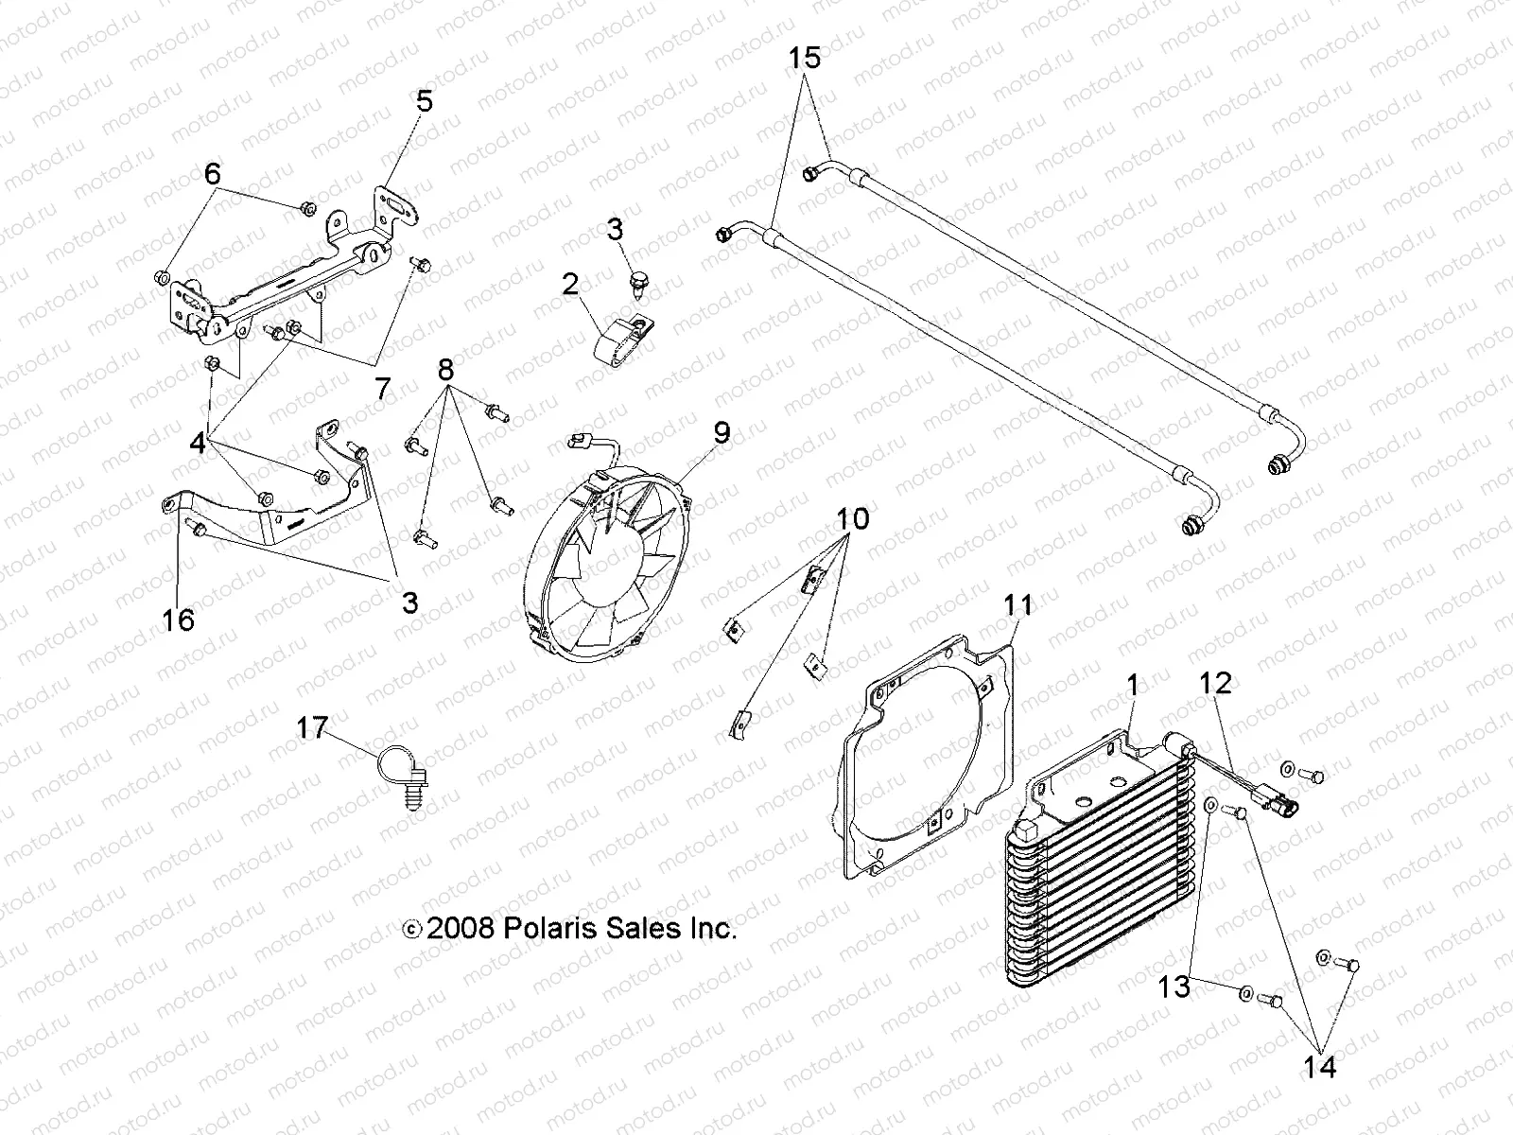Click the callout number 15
click(806, 59)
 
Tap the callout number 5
click(425, 101)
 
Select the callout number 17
click(312, 728)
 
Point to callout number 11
click(1018, 603)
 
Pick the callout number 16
click(179, 620)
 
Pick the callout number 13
click(1174, 987)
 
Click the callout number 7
click(382, 390)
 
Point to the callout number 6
click(212, 173)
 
